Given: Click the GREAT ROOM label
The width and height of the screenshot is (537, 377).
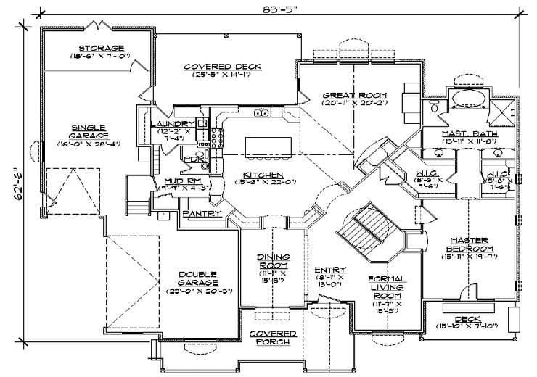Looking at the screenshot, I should (x=354, y=96).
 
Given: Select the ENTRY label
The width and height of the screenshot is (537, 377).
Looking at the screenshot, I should (x=319, y=270).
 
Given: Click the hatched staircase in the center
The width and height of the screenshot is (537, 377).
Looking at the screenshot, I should (x=366, y=230).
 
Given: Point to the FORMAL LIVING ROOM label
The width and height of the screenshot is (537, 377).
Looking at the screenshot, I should (x=385, y=289).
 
